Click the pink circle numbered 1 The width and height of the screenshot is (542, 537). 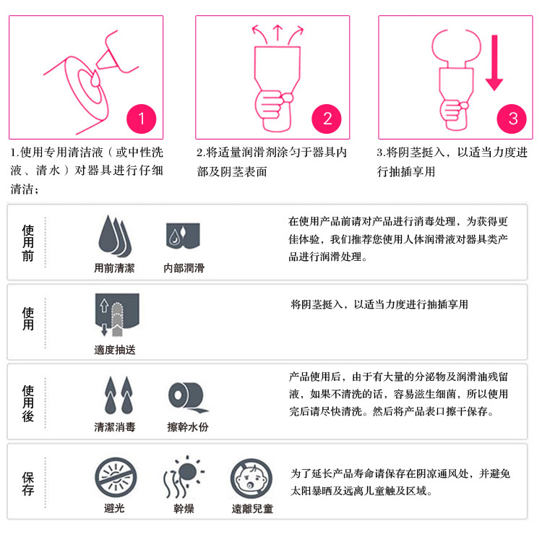(142, 119)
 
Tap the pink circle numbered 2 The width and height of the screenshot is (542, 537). (327, 119)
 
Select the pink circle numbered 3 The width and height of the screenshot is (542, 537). (512, 119)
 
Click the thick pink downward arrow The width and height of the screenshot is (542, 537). (494, 63)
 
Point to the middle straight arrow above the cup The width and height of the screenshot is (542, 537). (278, 33)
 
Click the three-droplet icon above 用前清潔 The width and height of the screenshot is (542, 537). (115, 236)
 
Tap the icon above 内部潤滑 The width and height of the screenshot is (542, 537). (184, 236)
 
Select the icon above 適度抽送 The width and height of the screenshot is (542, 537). (117, 314)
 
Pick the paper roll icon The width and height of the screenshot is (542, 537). (188, 397)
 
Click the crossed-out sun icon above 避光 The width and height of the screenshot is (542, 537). (116, 478)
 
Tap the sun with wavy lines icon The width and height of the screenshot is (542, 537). (184, 476)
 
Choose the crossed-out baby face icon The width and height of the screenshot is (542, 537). (251, 479)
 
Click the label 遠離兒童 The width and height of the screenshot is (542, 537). (252, 509)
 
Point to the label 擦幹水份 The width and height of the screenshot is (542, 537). (188, 427)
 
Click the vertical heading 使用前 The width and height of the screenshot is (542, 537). (28, 243)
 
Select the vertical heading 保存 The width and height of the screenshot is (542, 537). (28, 484)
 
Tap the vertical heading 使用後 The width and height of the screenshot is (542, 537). (28, 403)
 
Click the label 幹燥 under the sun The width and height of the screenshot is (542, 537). (184, 509)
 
